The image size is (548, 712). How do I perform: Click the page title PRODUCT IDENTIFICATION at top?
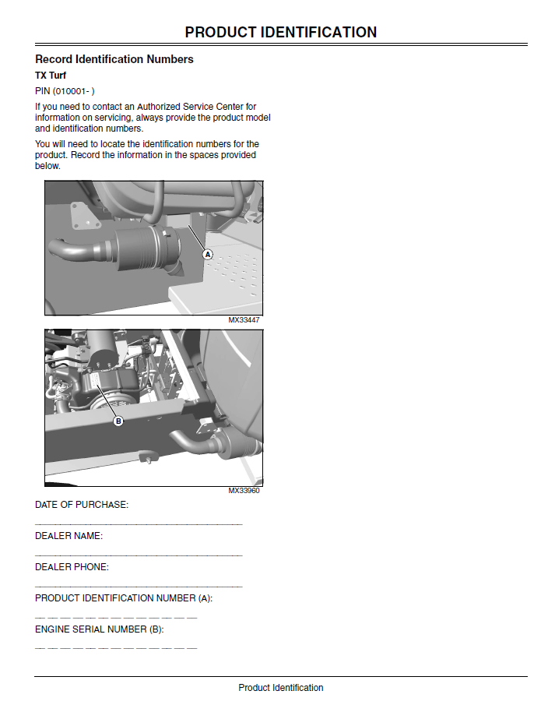(281, 32)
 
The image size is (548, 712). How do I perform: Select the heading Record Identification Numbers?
(114, 59)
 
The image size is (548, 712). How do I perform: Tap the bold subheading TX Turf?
(51, 76)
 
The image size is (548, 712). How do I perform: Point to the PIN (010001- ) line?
(65, 91)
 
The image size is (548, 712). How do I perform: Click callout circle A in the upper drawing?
(208, 254)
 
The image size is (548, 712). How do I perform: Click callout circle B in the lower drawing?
(118, 421)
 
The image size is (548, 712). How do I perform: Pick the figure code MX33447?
(244, 320)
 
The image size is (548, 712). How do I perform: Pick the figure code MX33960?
(244, 491)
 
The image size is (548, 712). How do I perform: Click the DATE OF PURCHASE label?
(82, 505)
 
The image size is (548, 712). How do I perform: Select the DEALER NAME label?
(69, 536)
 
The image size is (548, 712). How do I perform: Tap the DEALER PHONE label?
(72, 567)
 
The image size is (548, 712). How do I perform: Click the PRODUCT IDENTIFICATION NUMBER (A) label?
(124, 598)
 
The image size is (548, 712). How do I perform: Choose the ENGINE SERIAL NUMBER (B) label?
(100, 629)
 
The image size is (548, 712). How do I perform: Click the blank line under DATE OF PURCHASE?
(139, 524)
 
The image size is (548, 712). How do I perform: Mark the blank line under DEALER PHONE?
(139, 587)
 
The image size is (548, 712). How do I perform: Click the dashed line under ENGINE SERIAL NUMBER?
(116, 648)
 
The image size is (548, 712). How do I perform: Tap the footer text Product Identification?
(281, 688)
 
